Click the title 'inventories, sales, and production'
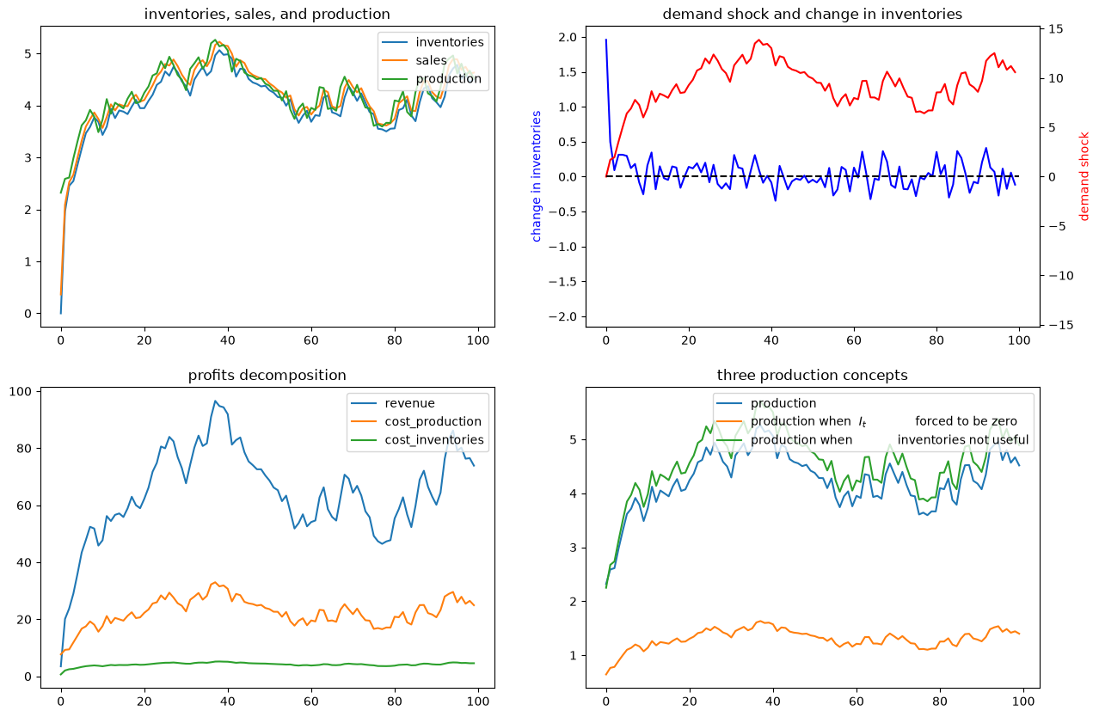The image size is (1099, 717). click(267, 15)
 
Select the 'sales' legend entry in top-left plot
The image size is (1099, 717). click(431, 60)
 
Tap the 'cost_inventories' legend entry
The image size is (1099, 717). click(434, 440)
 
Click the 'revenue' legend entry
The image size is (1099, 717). click(409, 403)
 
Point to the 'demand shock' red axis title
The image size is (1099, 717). click(1084, 176)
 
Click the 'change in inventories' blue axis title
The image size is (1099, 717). click(537, 176)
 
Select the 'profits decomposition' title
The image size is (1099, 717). click(267, 375)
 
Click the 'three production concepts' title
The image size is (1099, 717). click(812, 375)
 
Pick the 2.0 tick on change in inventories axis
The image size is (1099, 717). click(568, 37)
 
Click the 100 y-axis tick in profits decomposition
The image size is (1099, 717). click(20, 391)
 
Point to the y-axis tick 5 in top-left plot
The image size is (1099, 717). click(28, 53)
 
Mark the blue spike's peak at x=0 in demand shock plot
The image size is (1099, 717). click(606, 40)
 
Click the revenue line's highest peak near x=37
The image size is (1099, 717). click(215, 401)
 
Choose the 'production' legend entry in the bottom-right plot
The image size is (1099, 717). click(783, 403)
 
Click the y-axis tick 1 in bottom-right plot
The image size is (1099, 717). click(574, 655)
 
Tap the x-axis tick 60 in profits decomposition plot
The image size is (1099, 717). click(311, 702)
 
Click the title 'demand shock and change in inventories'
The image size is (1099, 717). click(812, 15)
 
